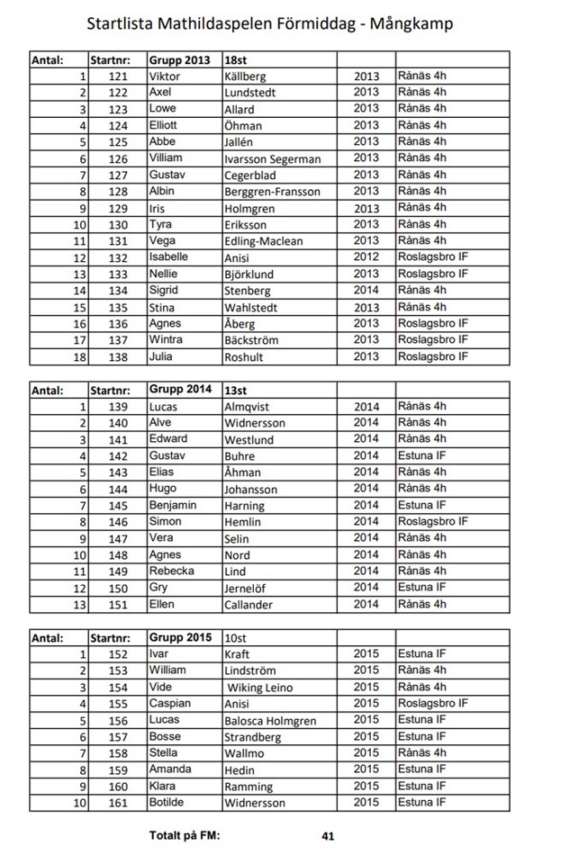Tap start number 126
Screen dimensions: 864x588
pos(118,158)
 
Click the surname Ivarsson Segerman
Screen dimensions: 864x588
pos(272,159)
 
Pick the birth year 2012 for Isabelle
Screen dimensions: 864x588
pos(366,257)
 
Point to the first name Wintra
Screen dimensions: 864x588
pos(166,339)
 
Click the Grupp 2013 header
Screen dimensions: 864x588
pos(179,60)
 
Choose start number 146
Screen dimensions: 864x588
pos(118,521)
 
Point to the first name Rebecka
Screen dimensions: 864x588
pos(171,571)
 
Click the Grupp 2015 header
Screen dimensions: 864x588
pos(180,637)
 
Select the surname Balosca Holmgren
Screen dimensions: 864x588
pos(270,721)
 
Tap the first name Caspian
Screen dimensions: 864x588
pos(170,704)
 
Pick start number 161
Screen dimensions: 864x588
pos(118,803)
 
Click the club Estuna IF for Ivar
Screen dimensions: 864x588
pos(421,654)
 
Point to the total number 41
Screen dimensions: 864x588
pos(328,836)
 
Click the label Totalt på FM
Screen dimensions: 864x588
pos(185,835)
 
